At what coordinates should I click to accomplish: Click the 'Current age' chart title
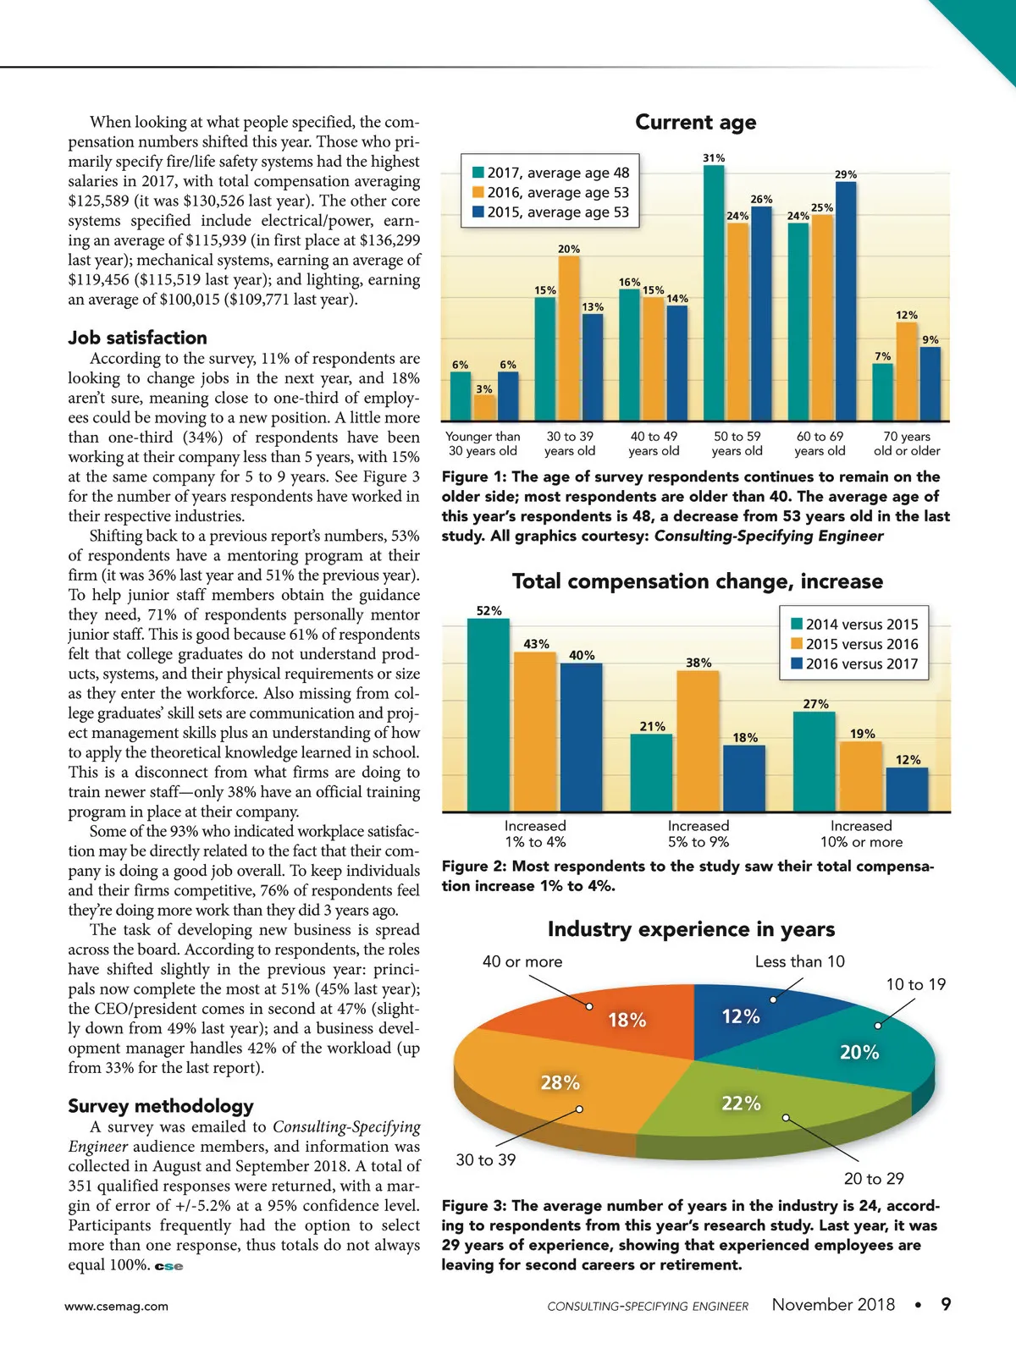point(695,123)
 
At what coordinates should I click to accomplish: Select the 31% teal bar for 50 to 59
point(714,292)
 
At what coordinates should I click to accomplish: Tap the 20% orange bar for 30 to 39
point(569,338)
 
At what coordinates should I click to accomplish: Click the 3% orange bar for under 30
point(484,408)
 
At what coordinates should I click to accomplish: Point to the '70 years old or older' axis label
point(907,443)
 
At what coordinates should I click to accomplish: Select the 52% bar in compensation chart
point(489,715)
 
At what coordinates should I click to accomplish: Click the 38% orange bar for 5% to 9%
point(698,741)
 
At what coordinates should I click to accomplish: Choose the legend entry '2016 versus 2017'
point(854,664)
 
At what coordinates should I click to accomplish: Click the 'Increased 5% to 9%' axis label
point(698,834)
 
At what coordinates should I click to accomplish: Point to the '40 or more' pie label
point(522,961)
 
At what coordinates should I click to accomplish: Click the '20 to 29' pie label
point(874,1179)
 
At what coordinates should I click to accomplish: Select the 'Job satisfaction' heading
point(137,338)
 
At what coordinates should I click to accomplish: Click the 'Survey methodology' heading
point(161,1106)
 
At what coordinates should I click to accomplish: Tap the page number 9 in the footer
point(946,1304)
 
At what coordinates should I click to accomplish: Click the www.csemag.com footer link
point(116,1306)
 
